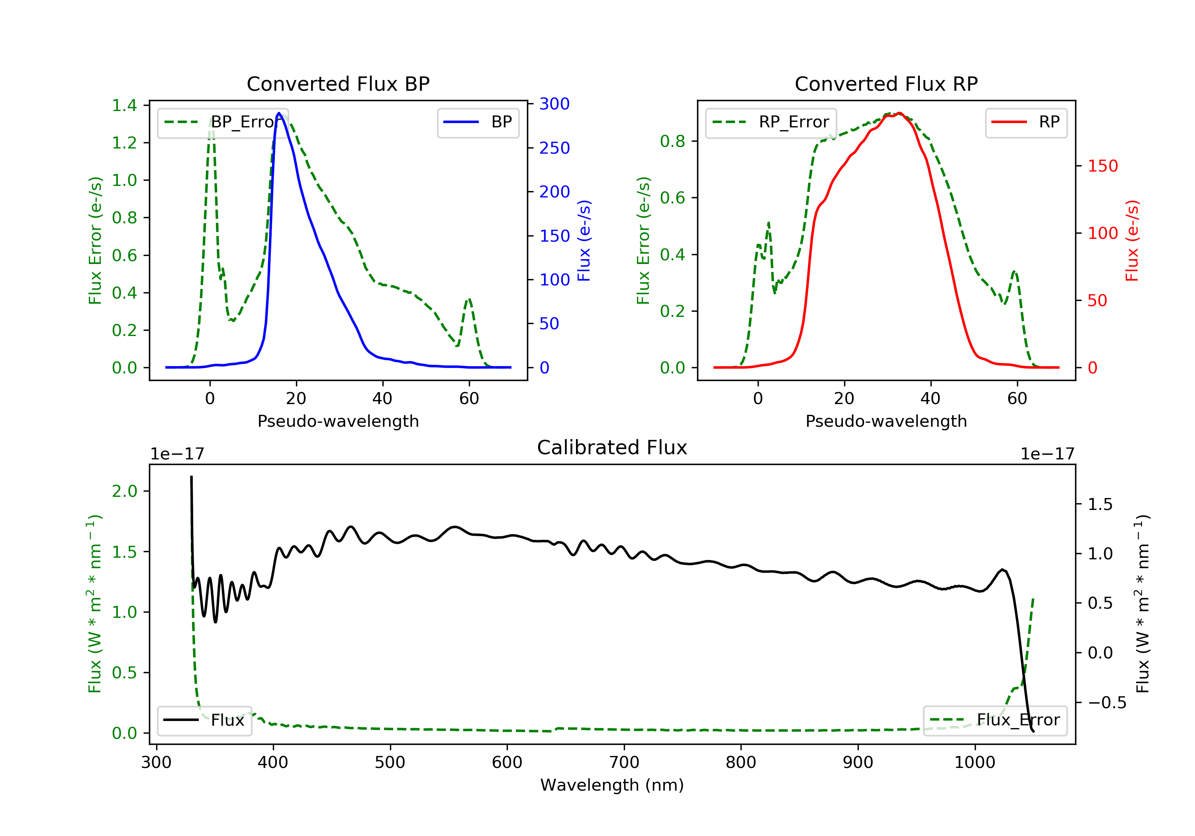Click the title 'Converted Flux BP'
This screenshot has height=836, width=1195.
[338, 84]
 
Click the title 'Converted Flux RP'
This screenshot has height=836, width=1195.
[886, 84]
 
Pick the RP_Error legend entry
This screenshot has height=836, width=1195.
[771, 122]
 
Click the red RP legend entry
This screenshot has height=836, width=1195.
[1026, 122]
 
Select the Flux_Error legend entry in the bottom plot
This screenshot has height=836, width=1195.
[995, 720]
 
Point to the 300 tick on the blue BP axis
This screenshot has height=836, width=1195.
[554, 104]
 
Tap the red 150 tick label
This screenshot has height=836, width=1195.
[1102, 166]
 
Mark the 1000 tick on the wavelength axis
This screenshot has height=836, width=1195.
[974, 763]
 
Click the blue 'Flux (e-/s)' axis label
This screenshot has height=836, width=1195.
[584, 240]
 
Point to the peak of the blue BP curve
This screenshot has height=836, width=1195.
[279, 113]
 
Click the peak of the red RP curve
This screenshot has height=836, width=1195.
[899, 113]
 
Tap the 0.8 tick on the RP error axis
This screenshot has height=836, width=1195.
[672, 141]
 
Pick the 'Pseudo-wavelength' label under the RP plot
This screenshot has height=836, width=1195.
[886, 421]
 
